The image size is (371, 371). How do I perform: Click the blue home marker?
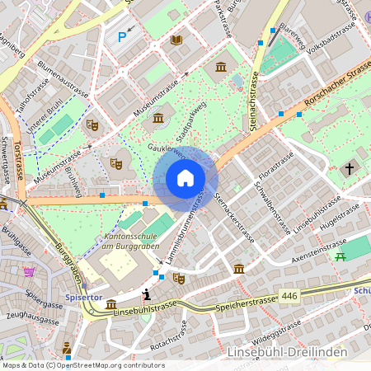point(185,178)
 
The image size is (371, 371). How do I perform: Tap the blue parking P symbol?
point(123,36)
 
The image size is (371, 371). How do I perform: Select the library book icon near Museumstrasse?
point(176,40)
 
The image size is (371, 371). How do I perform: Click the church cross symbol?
point(349,169)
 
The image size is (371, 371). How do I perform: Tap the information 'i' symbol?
point(147,294)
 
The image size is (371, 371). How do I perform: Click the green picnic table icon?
point(339,256)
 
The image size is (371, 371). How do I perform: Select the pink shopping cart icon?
point(30,271)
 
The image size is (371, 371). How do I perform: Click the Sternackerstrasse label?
point(234,218)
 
